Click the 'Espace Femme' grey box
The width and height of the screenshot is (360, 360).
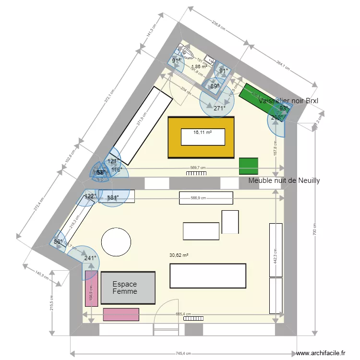click(x=128, y=288)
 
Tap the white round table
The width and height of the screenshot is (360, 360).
click(x=116, y=241)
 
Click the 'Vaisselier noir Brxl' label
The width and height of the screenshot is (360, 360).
click(x=288, y=101)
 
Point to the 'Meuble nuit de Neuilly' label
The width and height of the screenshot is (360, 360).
click(x=284, y=180)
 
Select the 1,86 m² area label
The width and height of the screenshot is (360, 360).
click(x=199, y=67)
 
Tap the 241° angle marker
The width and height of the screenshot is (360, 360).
click(x=90, y=258)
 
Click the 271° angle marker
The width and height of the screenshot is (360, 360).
click(x=219, y=108)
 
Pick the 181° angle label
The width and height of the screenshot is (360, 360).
click(x=113, y=198)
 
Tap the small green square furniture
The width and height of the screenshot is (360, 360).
click(x=248, y=166)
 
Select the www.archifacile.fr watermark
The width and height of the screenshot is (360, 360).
click(x=321, y=353)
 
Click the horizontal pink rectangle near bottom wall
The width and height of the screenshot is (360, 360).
click(x=121, y=314)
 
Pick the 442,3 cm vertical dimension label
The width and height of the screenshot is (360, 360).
click(x=276, y=260)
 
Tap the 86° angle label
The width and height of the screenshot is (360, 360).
click(x=58, y=242)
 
